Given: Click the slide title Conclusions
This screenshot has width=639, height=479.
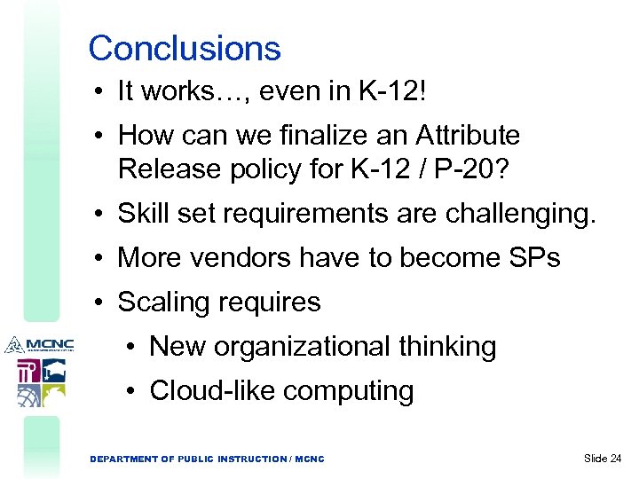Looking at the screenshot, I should [185, 48].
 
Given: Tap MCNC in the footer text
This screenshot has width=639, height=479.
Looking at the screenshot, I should [310, 459].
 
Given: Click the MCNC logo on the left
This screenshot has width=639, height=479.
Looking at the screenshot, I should [39, 344].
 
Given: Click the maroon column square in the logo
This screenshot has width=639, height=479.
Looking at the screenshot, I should [28, 371].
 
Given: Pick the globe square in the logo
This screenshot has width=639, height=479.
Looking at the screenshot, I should [29, 396].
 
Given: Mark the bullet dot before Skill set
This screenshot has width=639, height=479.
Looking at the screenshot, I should [105, 214].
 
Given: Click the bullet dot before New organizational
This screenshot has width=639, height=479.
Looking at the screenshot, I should [136, 347].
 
